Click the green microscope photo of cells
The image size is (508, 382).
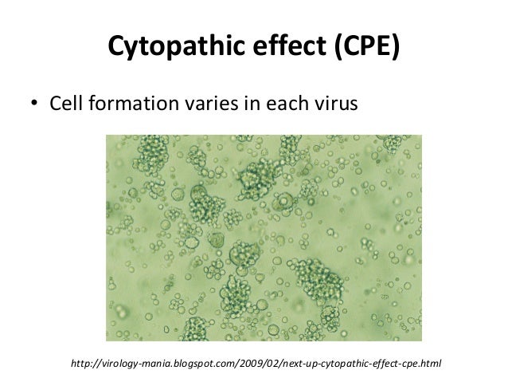253,237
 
